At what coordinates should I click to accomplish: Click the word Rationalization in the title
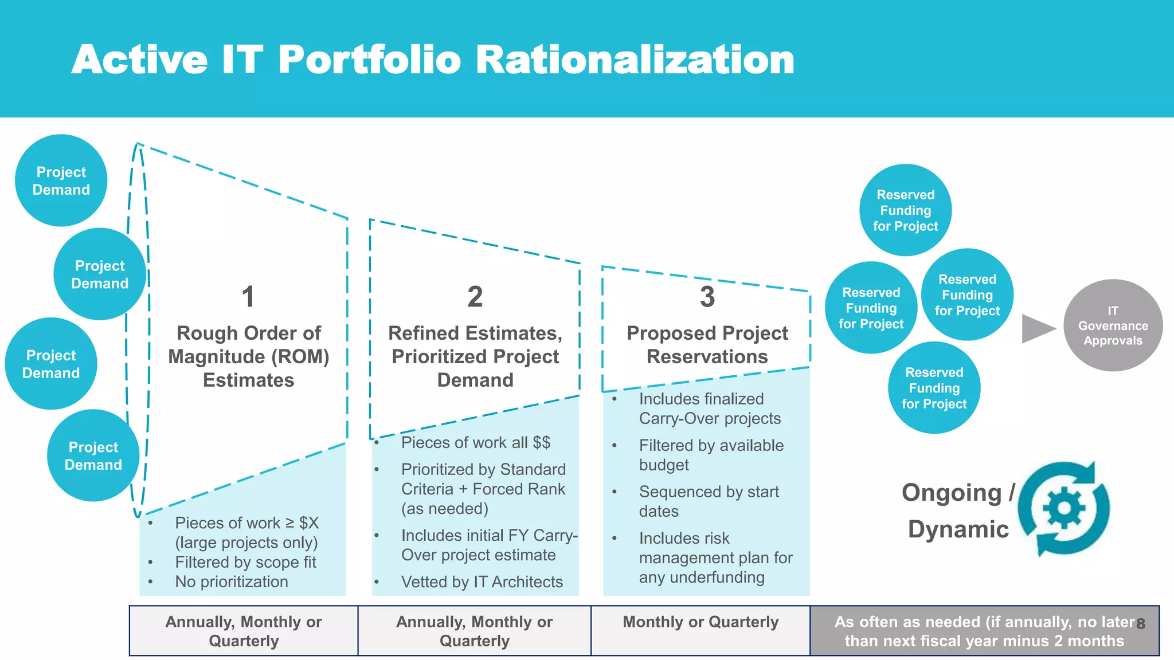(635, 60)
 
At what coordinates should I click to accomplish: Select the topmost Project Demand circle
(61, 180)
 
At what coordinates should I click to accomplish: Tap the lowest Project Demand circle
(93, 455)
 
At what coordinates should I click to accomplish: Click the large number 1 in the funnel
(248, 297)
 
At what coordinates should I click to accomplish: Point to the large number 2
(475, 297)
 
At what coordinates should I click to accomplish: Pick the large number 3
(707, 297)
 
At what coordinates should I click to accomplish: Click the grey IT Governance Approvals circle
(1113, 325)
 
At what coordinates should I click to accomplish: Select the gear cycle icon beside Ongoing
(1064, 508)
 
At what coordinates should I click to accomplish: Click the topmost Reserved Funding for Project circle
(905, 210)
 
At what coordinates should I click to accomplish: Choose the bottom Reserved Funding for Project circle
(934, 388)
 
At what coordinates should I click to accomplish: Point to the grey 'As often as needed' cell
(984, 631)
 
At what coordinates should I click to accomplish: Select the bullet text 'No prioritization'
(232, 582)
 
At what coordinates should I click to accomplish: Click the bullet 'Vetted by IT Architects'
(482, 582)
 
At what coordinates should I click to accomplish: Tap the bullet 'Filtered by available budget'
(711, 455)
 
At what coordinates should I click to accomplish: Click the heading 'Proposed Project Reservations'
(707, 344)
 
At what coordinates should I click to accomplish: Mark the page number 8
(1141, 623)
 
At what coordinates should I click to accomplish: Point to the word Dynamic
(958, 529)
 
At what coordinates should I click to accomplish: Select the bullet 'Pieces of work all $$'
(475, 442)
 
